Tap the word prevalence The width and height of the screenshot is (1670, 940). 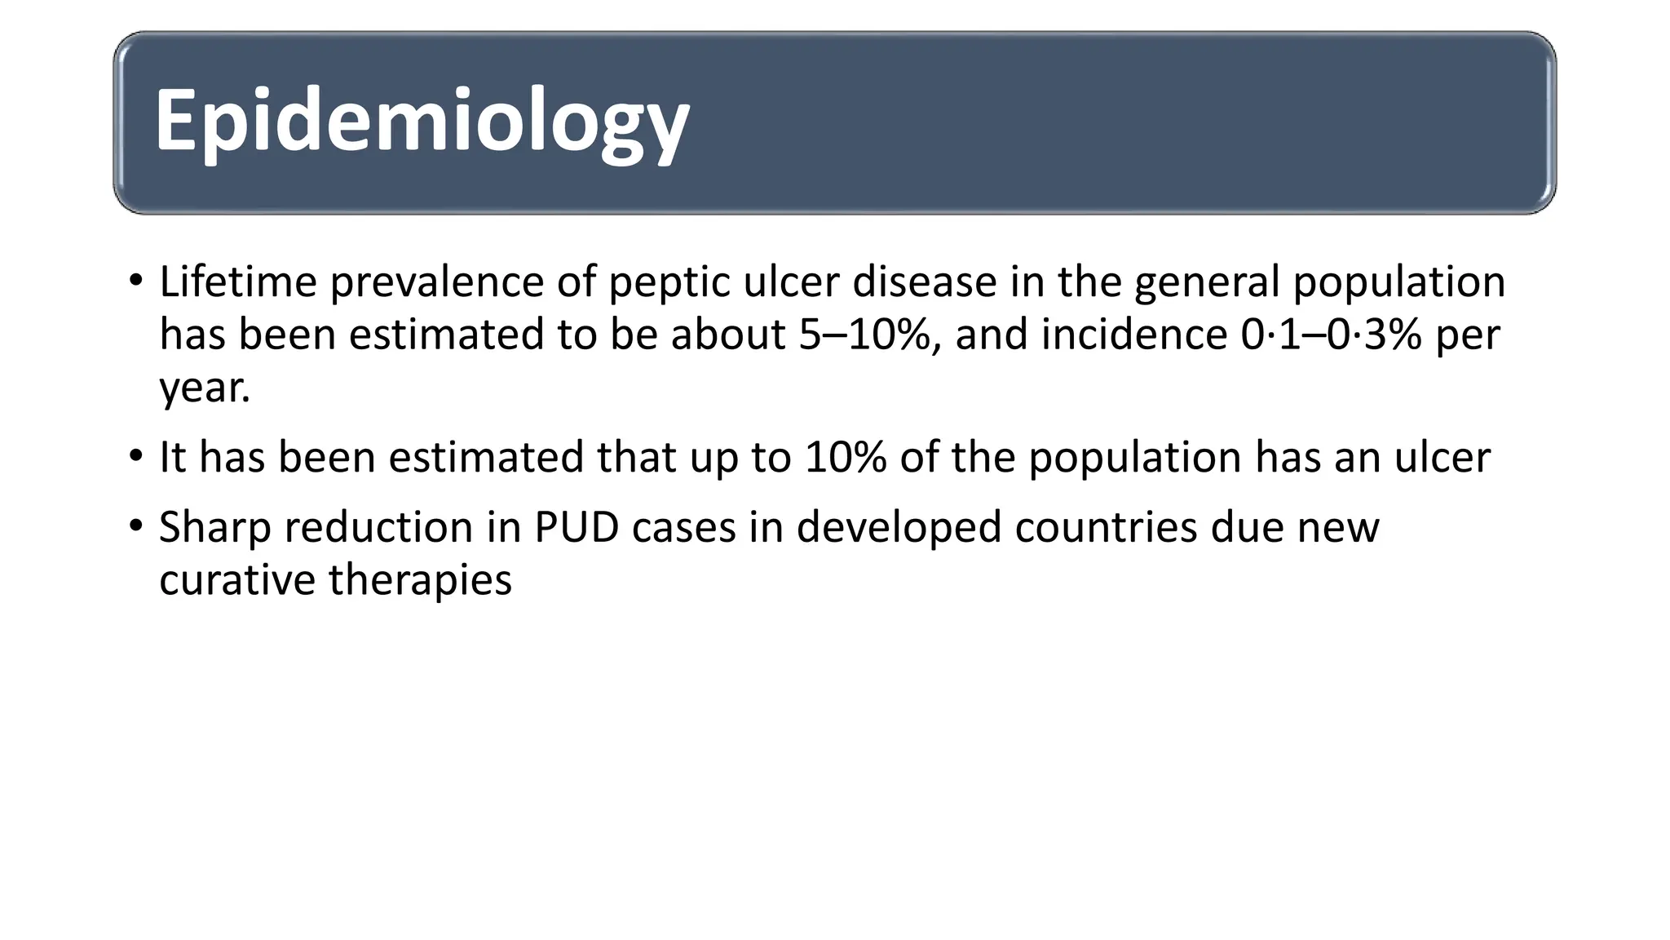pos(435,282)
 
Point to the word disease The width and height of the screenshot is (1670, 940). pos(924,282)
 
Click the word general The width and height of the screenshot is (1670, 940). pos(1207,283)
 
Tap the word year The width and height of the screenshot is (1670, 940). pos(201,388)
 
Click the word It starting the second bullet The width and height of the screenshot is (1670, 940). pos(173,457)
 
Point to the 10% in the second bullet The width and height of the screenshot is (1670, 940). pos(845,457)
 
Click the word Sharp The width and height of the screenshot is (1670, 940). pos(214,527)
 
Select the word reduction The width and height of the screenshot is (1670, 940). pos(380,527)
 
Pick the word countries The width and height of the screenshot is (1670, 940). pos(1106,527)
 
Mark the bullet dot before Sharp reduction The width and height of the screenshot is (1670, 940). pos(135,525)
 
